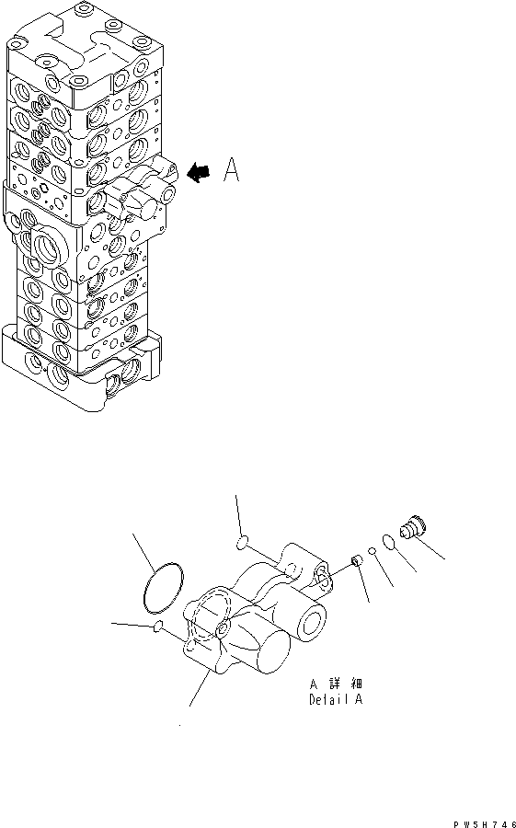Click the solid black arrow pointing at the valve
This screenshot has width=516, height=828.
[x=199, y=172]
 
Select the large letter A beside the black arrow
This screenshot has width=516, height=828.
[x=231, y=169]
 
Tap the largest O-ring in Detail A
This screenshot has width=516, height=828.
[x=163, y=588]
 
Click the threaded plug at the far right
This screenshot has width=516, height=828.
[x=413, y=527]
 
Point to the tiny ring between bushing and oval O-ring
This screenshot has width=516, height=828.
[x=372, y=551]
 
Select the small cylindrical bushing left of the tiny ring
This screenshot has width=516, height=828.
[x=357, y=559]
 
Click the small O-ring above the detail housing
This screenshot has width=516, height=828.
[x=242, y=542]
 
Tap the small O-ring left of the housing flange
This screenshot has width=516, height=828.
[x=156, y=627]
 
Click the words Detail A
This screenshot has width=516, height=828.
[x=336, y=700]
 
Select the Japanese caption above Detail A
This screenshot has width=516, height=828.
[x=336, y=684]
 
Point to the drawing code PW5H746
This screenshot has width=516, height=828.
[x=485, y=823]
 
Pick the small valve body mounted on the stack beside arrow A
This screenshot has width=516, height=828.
[x=139, y=190]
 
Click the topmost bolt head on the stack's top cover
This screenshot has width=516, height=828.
[x=83, y=8]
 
